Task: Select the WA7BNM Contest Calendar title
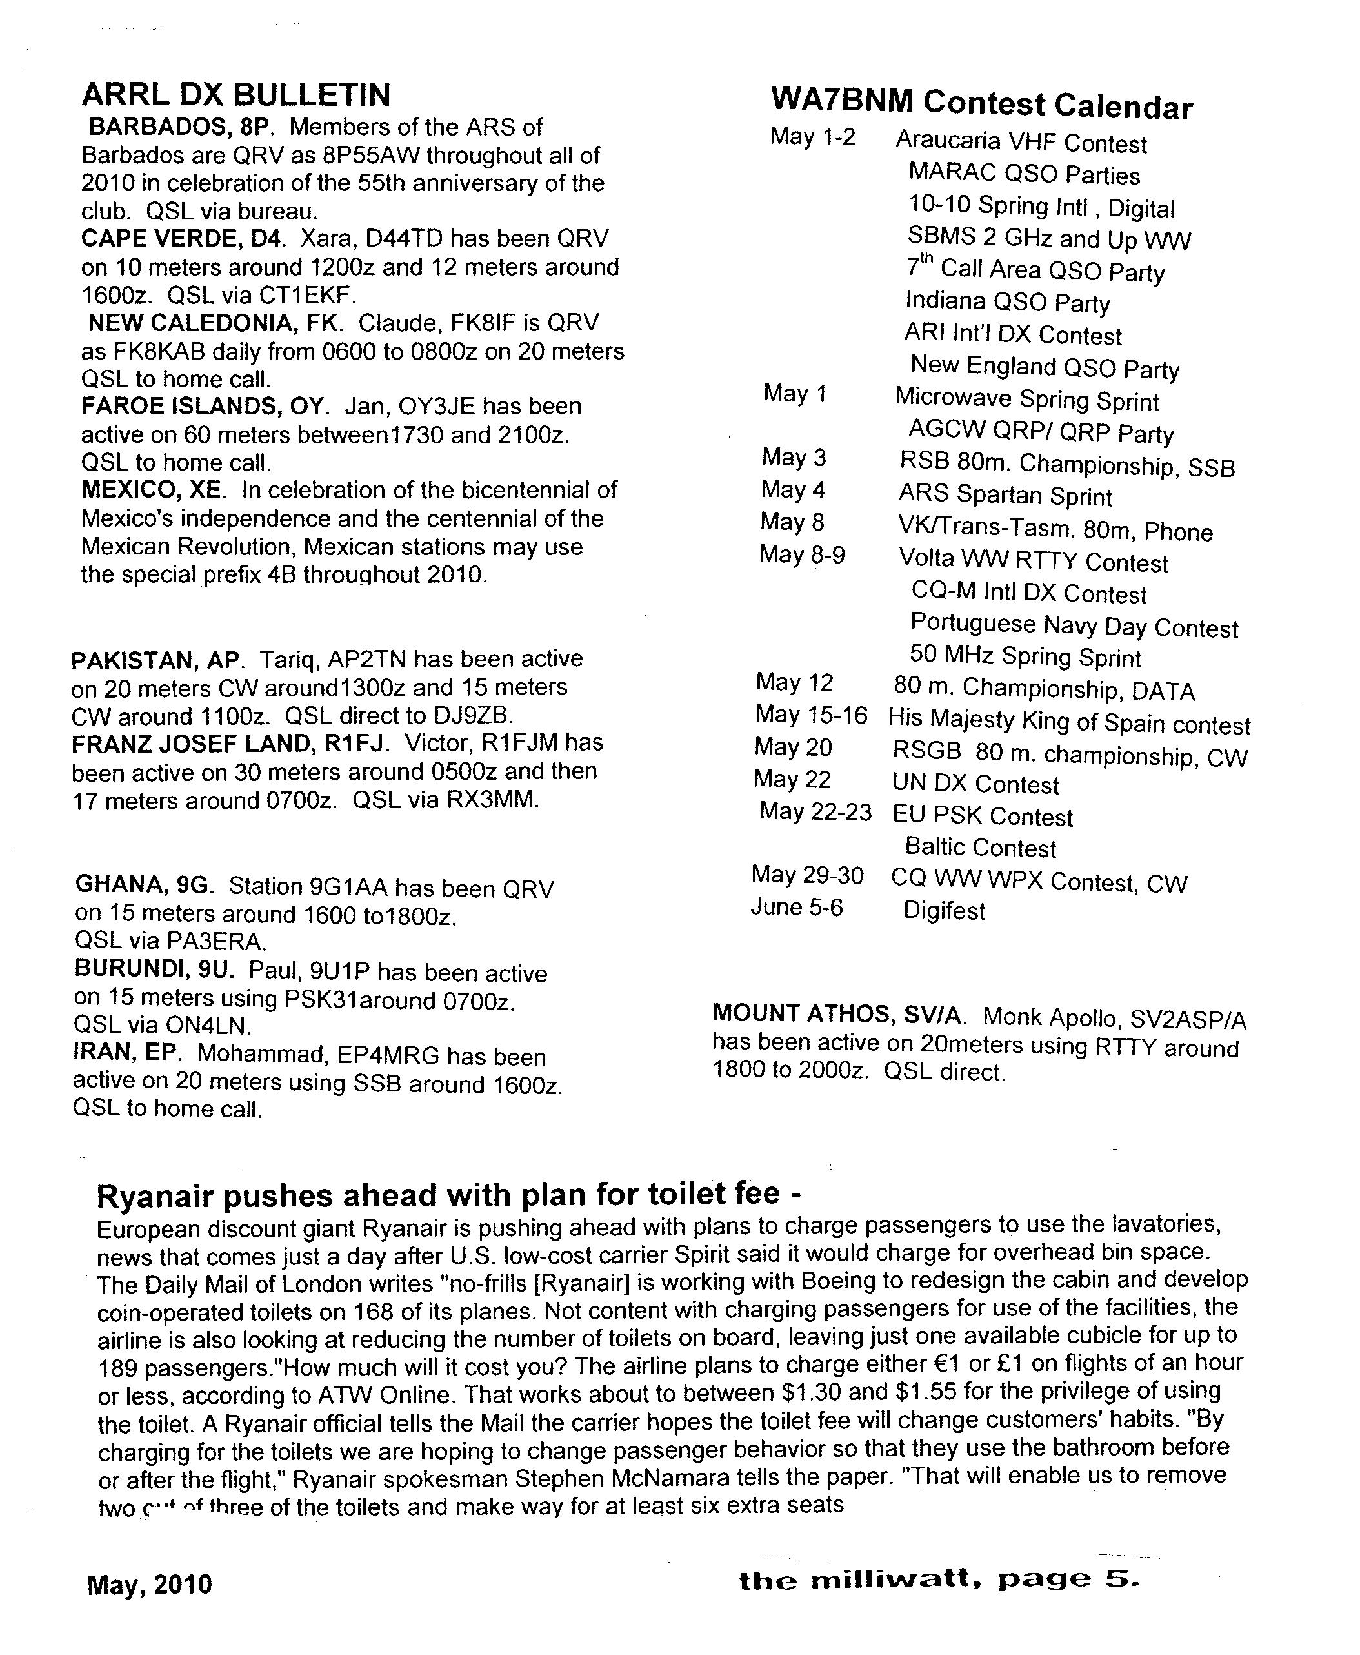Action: coord(982,103)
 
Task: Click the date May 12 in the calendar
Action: coord(794,682)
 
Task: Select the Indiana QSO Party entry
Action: coord(1008,301)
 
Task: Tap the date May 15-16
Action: coord(811,715)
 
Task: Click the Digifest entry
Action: coord(944,911)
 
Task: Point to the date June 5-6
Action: coord(797,908)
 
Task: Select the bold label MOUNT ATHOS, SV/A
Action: coord(839,1014)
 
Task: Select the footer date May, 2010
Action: coord(150,1585)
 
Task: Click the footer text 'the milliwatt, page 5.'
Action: coord(939,1579)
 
